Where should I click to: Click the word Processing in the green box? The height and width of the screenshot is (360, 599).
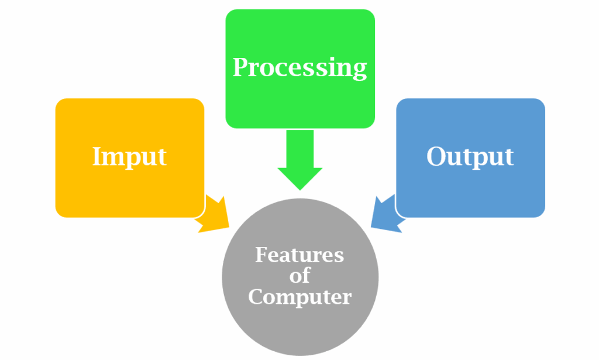pos(299,68)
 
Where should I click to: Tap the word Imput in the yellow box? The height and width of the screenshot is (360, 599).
pos(129,156)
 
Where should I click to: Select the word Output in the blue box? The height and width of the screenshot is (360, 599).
pos(470,156)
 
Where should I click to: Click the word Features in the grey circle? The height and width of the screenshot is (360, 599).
pos(299,255)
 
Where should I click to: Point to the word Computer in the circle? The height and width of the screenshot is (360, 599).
pos(299,297)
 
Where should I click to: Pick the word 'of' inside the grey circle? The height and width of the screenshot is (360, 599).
pos(299,276)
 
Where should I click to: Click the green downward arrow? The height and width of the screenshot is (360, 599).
pos(299,158)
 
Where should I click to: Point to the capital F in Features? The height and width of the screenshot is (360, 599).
pos(261,255)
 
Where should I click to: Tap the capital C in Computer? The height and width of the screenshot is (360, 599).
pos(256,296)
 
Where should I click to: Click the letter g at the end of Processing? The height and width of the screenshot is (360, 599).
pos(359,70)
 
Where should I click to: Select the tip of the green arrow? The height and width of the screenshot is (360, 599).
pos(299,188)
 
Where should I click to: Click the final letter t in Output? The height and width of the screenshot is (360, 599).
pos(508,157)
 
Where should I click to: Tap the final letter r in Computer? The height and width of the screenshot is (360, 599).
pos(347,297)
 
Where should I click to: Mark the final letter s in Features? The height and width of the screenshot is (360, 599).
pos(339,256)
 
